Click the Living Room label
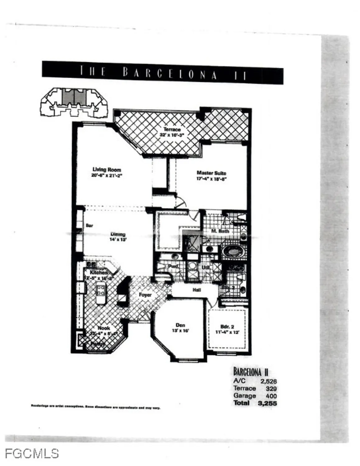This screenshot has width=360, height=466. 107,170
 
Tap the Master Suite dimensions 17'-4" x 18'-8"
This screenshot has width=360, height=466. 211,179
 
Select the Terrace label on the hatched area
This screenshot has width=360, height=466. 172,129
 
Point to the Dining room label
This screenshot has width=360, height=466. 118,234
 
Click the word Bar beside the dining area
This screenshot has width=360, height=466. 90,226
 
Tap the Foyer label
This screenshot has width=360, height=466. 145,295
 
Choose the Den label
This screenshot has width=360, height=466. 180,325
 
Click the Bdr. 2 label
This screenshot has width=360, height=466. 227,327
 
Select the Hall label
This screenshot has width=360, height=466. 196,290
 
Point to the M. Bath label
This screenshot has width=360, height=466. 220,231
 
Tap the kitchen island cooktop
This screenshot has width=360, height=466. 101,290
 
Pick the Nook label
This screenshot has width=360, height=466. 104,328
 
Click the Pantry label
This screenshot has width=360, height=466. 97,344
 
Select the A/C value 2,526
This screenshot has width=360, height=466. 268,381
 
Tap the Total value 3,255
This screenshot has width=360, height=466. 267,403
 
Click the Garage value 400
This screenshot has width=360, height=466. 271,396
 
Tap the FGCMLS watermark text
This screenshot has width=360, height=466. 32,454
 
